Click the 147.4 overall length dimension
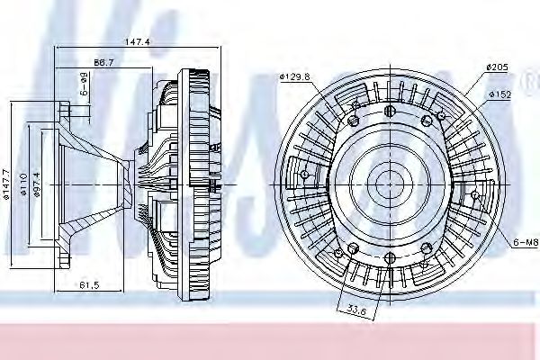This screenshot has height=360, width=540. (x=137, y=42)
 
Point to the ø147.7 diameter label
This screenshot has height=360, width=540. (x=7, y=184)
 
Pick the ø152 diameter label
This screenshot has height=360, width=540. (x=500, y=93)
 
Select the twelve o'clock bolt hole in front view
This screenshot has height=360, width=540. (x=389, y=111)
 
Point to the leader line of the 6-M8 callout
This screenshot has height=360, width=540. (x=499, y=229)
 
